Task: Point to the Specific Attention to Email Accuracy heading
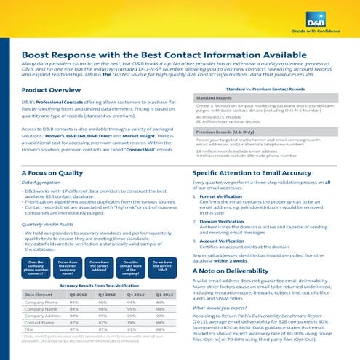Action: pyautogui.click(x=257, y=173)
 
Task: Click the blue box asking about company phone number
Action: pyautogui.click(x=36, y=266)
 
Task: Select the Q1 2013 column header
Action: pyautogui.click(x=164, y=294)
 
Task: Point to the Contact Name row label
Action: pyautogui.click(x=41, y=322)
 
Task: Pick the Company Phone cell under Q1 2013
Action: pyautogui.click(x=164, y=303)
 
